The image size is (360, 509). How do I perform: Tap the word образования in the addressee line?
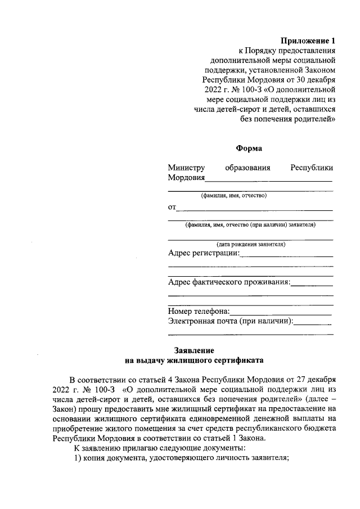click(248, 168)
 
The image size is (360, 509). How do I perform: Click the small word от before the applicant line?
click(172, 207)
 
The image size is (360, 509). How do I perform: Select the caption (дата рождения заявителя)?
click(251, 245)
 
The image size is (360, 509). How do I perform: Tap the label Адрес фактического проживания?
click(229, 282)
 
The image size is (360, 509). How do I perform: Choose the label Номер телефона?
click(199, 311)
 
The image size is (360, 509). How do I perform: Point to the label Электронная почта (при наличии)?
click(231, 321)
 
